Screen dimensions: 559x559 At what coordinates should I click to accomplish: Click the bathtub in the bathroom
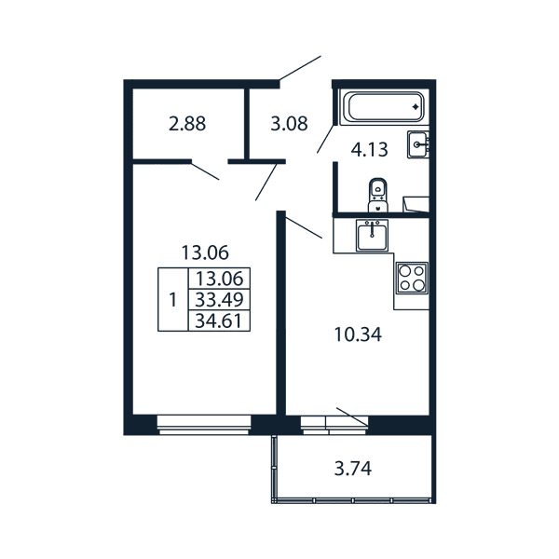coord(384,107)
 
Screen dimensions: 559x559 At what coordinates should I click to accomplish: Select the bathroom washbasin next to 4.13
coord(418,144)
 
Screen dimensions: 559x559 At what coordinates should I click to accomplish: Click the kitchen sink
coord(372,235)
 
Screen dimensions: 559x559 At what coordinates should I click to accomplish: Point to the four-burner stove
coord(412,278)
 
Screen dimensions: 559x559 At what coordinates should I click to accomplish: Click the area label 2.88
coord(187,124)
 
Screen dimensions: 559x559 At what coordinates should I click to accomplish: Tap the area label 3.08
coord(289,124)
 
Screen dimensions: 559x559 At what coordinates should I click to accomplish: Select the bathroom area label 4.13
coord(369,150)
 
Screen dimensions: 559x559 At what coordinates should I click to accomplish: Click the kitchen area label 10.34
coord(358,335)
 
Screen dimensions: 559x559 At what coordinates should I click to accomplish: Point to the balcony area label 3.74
coord(353,469)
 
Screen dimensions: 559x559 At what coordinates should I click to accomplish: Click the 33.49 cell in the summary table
coord(219,300)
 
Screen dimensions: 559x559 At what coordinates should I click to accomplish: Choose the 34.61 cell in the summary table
coord(219,320)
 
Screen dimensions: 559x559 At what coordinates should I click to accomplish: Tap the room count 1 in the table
coord(173,299)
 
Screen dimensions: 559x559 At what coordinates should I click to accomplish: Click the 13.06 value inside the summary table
coord(219,279)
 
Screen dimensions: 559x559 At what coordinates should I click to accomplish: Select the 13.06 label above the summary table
coord(205,252)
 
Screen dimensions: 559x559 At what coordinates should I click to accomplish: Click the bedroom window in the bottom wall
coord(204,425)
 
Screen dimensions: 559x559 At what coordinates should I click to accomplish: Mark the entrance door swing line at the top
coord(300,68)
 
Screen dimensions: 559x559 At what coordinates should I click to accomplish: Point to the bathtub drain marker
coord(416,106)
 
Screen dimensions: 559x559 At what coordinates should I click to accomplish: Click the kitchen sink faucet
coord(372,229)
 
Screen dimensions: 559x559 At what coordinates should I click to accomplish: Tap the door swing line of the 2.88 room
coord(205,170)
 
